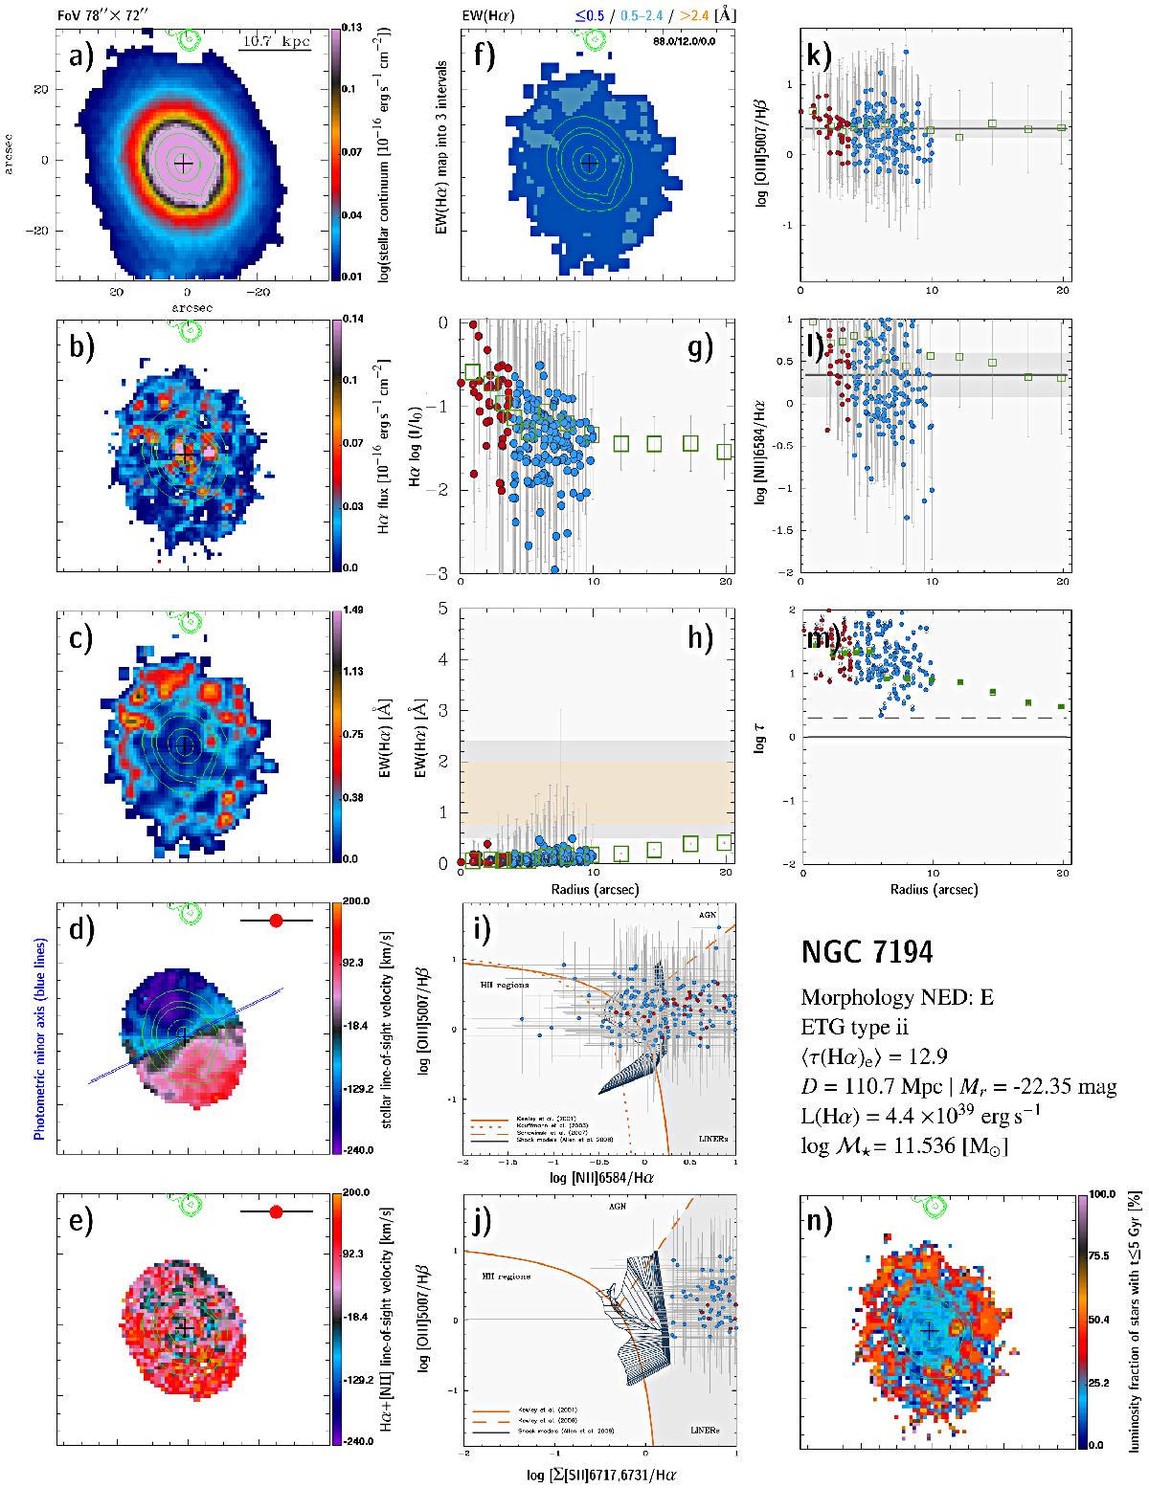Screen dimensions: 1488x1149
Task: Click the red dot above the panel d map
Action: pyautogui.click(x=277, y=921)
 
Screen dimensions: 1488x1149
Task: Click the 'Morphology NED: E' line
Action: pyautogui.click(x=897, y=997)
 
